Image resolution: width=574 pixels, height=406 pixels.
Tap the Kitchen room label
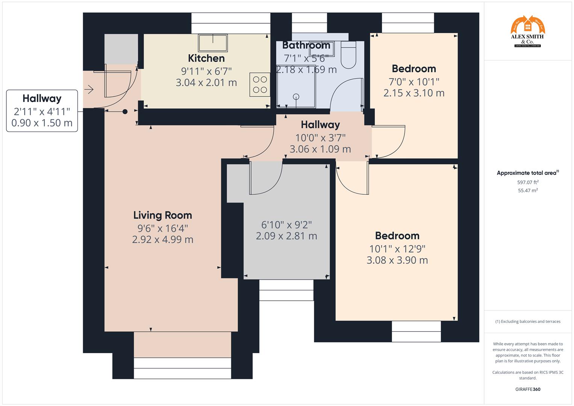206,58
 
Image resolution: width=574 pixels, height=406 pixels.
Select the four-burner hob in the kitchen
260,85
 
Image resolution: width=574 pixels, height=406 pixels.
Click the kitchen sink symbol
213,43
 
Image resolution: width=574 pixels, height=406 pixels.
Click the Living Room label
162,215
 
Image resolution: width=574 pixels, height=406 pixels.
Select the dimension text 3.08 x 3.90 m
397,260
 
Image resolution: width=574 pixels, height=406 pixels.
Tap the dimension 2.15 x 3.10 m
413,93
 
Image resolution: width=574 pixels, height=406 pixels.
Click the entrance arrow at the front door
89,89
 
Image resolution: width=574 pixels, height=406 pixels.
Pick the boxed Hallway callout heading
42,98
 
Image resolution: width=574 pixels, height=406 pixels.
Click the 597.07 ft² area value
528,182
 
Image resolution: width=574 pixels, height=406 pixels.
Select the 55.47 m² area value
528,191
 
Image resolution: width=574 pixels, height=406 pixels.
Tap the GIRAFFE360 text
528,389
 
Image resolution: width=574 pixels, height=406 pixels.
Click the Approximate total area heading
527,173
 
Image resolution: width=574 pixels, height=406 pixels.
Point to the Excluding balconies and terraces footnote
528,321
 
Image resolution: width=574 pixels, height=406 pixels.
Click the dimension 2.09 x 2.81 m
286,236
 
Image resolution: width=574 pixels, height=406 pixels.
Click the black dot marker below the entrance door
125,112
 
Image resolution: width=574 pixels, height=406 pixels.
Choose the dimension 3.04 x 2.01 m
206,83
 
